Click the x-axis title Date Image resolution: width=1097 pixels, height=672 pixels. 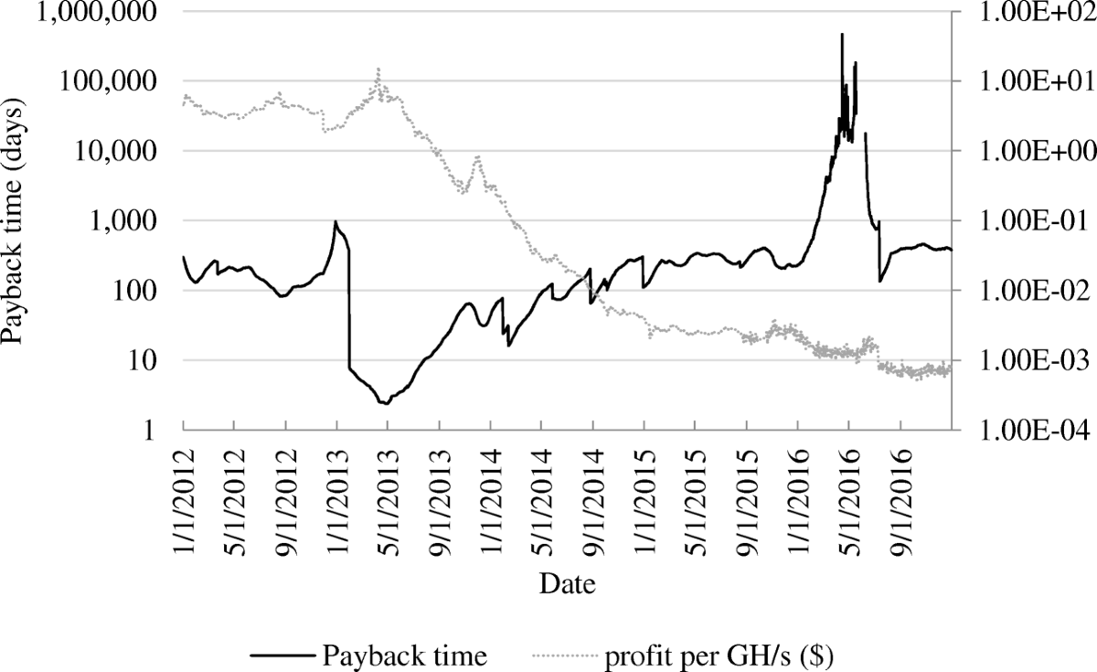567,583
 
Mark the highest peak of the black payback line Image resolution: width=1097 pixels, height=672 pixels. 842,35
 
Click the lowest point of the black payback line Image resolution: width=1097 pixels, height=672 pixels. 385,403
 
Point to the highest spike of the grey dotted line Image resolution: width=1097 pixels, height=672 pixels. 378,69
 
